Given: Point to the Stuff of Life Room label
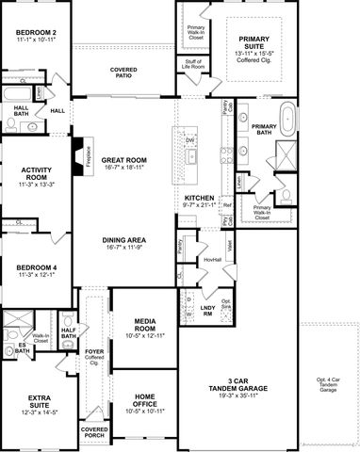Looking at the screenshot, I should (x=196, y=64).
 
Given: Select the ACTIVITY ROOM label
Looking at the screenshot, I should (x=36, y=171).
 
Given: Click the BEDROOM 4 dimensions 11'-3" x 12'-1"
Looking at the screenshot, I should (x=36, y=277).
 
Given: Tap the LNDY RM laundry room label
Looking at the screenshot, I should (x=208, y=311).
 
